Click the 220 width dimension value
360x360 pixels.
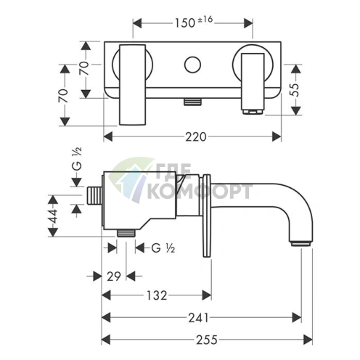click(196, 137)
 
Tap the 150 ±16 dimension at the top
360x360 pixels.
click(194, 22)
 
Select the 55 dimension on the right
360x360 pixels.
click(295, 90)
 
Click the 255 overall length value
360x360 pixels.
click(207, 340)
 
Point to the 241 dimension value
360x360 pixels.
click(198, 318)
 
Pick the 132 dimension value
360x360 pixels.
click(157, 295)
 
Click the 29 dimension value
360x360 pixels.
click(114, 277)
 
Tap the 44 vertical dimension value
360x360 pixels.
click(53, 216)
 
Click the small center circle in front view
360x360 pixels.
click(192, 65)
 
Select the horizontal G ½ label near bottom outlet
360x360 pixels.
click(163, 248)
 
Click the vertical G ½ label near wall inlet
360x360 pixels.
click(77, 159)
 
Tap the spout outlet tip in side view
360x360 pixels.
click(300, 243)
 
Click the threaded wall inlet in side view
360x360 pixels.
click(94, 196)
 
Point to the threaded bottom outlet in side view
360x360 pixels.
click(126, 233)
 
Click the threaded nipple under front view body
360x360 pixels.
click(192, 102)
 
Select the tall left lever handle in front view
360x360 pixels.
click(132, 85)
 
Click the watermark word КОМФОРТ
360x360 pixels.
click(200, 192)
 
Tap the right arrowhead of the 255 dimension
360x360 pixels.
click(308, 340)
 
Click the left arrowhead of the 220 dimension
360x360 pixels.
click(108, 136)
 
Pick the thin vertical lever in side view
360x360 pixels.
click(207, 216)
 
